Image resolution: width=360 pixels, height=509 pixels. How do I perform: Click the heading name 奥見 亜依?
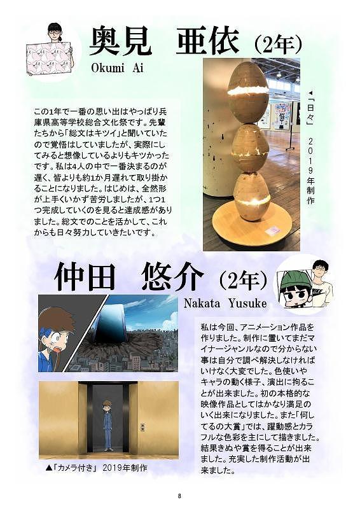click(164, 42)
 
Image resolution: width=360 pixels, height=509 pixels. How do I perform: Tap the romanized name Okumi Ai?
click(117, 67)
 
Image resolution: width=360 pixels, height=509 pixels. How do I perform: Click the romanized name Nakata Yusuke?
click(225, 303)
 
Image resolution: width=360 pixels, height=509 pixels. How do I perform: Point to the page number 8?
click(179, 496)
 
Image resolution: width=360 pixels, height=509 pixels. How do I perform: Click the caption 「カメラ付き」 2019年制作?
click(97, 468)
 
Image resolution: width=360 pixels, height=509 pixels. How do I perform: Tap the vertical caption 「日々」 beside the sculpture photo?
click(310, 110)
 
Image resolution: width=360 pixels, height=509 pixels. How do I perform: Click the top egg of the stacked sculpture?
click(248, 92)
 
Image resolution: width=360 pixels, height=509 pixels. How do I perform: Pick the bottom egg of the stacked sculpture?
click(252, 195)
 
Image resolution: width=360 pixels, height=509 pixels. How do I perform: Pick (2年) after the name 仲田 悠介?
click(244, 279)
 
